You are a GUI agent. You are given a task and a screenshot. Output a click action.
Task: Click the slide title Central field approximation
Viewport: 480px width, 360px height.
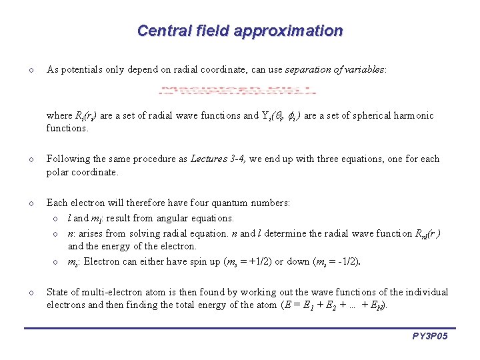(x=239, y=31)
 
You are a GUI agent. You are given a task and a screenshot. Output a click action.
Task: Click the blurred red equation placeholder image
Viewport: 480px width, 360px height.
(x=237, y=91)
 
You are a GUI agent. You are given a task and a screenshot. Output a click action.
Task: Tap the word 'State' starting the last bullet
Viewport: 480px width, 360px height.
(x=59, y=292)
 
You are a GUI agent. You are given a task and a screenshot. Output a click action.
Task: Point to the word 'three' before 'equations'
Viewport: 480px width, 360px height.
(x=323, y=159)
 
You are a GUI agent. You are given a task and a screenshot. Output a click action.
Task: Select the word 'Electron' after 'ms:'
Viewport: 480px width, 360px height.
(x=100, y=261)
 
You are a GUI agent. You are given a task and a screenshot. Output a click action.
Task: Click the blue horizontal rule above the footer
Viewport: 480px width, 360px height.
(x=240, y=327)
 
